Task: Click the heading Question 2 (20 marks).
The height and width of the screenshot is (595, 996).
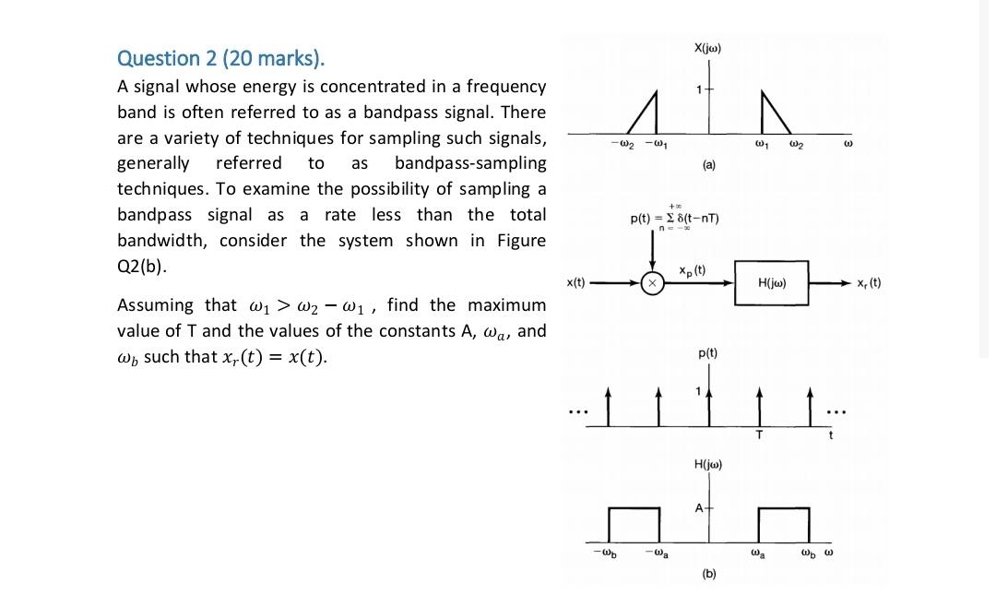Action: (220, 58)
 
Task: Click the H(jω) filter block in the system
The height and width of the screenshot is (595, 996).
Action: (771, 283)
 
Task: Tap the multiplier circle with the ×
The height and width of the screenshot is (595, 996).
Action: (652, 283)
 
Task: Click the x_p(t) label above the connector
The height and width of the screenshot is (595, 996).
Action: (692, 270)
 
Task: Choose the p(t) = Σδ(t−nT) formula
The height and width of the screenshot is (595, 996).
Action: (674, 218)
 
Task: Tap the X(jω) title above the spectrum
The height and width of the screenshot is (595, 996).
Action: (707, 47)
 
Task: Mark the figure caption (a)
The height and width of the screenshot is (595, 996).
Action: (708, 164)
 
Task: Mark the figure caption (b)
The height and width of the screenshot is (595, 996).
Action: (708, 574)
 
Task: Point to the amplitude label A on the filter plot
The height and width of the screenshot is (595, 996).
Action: (698, 508)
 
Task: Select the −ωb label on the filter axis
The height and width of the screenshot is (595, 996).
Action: (606, 553)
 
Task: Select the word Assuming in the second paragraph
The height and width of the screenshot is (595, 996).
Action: (155, 305)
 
